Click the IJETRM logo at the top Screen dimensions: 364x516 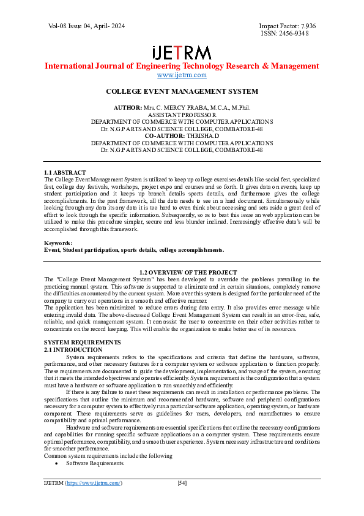(182, 52)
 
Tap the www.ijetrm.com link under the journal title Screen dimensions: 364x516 (182, 75)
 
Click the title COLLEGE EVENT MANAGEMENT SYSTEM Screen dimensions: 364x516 (182, 91)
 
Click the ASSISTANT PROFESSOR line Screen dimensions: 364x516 (182, 115)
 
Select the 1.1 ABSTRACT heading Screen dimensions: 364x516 (65, 172)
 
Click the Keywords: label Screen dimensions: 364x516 (59, 243)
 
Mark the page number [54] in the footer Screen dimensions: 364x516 (182, 484)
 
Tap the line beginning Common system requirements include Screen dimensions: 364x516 (108, 456)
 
